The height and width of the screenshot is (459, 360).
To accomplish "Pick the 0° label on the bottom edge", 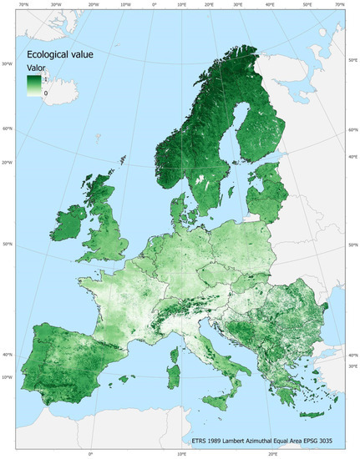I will pyautogui.click(x=90, y=455).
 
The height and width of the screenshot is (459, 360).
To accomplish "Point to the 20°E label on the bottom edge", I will pyautogui.click(x=272, y=455).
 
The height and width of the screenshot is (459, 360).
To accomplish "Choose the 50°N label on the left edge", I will pyautogui.click(x=7, y=245).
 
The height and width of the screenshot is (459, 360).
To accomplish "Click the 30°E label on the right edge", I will pyautogui.click(x=352, y=366).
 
